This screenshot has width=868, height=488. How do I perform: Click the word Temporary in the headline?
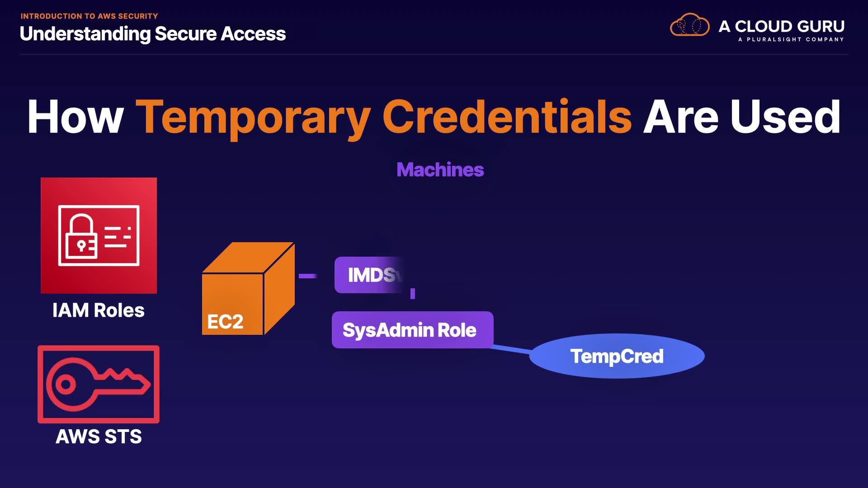(253, 117)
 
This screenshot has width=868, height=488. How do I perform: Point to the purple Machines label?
(440, 170)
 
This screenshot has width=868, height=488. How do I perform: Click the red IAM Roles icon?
(99, 235)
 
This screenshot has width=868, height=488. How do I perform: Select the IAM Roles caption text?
(99, 310)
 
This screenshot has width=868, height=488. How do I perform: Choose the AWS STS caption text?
(99, 436)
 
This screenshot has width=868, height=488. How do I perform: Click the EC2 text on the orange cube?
(225, 322)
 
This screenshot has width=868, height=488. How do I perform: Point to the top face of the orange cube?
(248, 258)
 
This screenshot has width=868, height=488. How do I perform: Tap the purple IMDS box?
(368, 275)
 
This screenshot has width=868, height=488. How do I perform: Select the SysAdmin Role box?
(412, 330)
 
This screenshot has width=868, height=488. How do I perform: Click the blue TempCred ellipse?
(617, 356)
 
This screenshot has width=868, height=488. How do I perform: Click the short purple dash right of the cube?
(307, 276)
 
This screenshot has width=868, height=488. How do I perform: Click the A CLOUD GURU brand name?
(781, 26)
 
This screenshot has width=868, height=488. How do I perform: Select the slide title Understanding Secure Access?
(153, 34)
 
